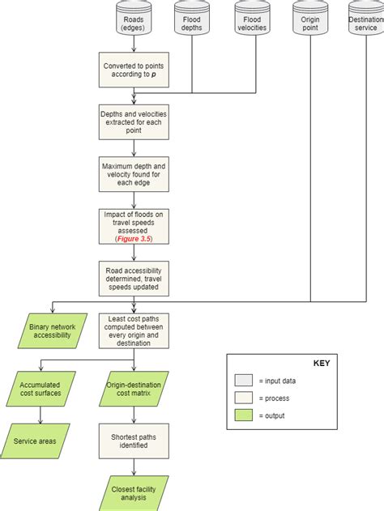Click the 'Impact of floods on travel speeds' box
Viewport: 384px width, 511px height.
point(134,225)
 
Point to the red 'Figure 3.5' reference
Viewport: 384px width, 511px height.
point(134,239)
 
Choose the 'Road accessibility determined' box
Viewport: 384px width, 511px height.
point(134,276)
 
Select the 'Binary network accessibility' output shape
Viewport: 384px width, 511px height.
point(53,330)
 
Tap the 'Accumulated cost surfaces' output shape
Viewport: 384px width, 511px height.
point(41,388)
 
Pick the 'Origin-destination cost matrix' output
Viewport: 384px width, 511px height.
point(134,388)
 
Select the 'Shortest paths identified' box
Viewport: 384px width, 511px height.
point(134,441)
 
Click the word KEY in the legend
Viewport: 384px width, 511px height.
point(321,363)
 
